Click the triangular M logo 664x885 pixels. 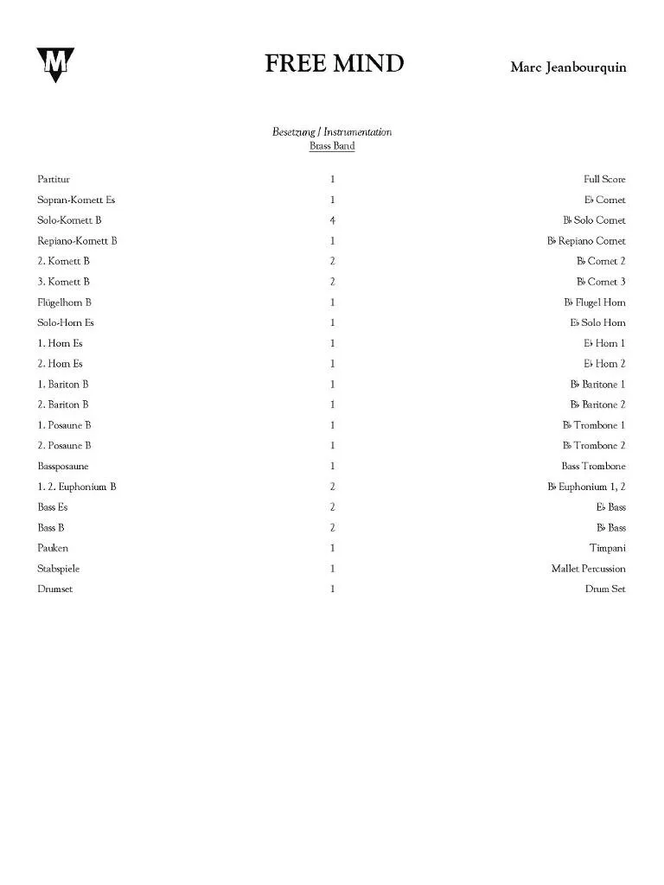click(x=55, y=64)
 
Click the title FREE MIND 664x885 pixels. click(x=334, y=64)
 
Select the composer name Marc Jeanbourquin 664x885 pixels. click(x=568, y=67)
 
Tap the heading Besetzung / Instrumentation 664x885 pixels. click(x=332, y=132)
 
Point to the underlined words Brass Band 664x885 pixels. click(x=332, y=146)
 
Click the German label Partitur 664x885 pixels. click(x=54, y=180)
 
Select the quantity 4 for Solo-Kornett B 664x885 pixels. click(x=332, y=220)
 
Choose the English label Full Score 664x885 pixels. click(x=604, y=180)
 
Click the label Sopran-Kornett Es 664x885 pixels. click(x=76, y=200)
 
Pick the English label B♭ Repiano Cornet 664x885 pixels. click(x=586, y=241)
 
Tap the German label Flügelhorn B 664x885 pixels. click(x=64, y=302)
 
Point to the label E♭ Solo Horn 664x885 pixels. click(x=597, y=323)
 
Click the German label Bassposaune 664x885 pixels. click(x=62, y=467)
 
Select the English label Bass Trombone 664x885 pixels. click(x=593, y=467)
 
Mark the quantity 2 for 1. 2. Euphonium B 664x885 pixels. click(x=332, y=487)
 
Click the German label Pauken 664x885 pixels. click(x=53, y=548)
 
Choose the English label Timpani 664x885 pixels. click(x=608, y=548)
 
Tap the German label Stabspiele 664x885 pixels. click(x=59, y=569)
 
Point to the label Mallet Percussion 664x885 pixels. click(x=588, y=569)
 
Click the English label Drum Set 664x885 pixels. click(x=605, y=589)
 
